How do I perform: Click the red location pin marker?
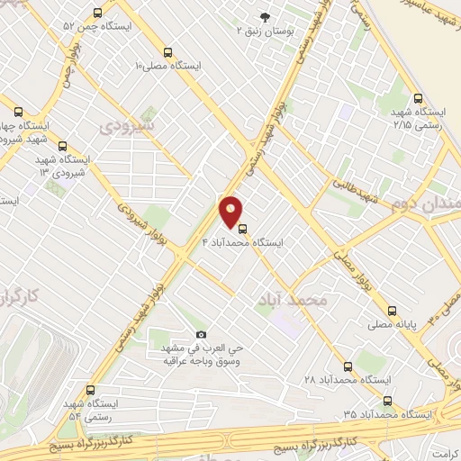point(230,211)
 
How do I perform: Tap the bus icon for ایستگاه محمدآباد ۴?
point(241,228)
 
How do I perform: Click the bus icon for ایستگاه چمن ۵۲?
point(98,13)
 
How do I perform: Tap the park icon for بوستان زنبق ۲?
point(266,16)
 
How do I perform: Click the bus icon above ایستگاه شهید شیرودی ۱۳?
point(62,146)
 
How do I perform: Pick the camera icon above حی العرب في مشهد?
point(201,334)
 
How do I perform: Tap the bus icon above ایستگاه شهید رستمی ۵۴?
point(89,391)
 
